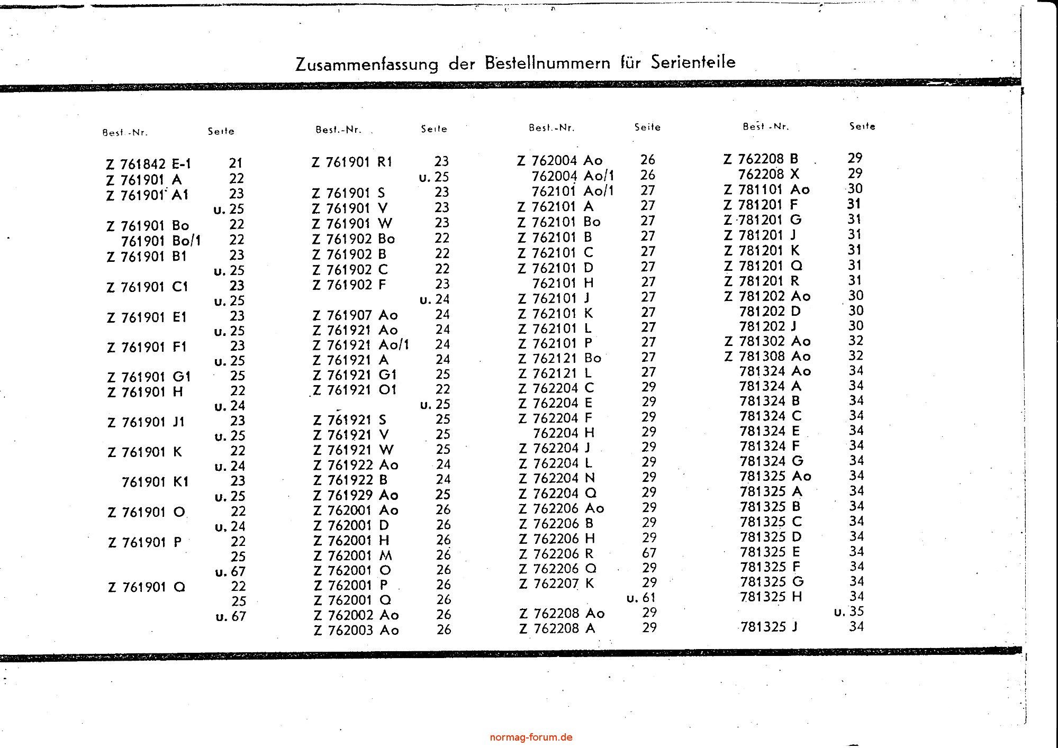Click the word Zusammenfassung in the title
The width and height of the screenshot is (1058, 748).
click(x=367, y=64)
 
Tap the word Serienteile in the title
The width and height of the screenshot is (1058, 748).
click(x=693, y=62)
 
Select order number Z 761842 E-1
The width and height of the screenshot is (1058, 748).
click(x=148, y=165)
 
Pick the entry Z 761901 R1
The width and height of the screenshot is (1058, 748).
click(x=352, y=162)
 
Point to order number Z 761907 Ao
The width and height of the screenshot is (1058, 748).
click(x=355, y=315)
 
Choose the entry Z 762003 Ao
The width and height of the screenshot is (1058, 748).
click(x=356, y=630)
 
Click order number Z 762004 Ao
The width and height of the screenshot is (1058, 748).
click(x=560, y=160)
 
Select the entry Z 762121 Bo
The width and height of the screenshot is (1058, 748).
click(x=560, y=358)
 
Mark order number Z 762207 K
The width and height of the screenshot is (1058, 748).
click(x=557, y=583)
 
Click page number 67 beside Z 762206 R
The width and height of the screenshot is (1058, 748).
click(x=649, y=553)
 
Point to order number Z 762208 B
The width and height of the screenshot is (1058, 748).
click(x=761, y=159)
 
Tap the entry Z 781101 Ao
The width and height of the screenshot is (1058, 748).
click(x=767, y=189)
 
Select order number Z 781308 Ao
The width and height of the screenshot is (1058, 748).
click(x=767, y=356)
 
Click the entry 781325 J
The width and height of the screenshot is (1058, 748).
click(x=769, y=627)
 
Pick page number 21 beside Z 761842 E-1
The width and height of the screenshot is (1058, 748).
click(x=236, y=163)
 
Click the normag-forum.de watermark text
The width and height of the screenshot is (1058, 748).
click(x=531, y=737)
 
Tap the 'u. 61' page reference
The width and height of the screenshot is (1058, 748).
click(x=641, y=598)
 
